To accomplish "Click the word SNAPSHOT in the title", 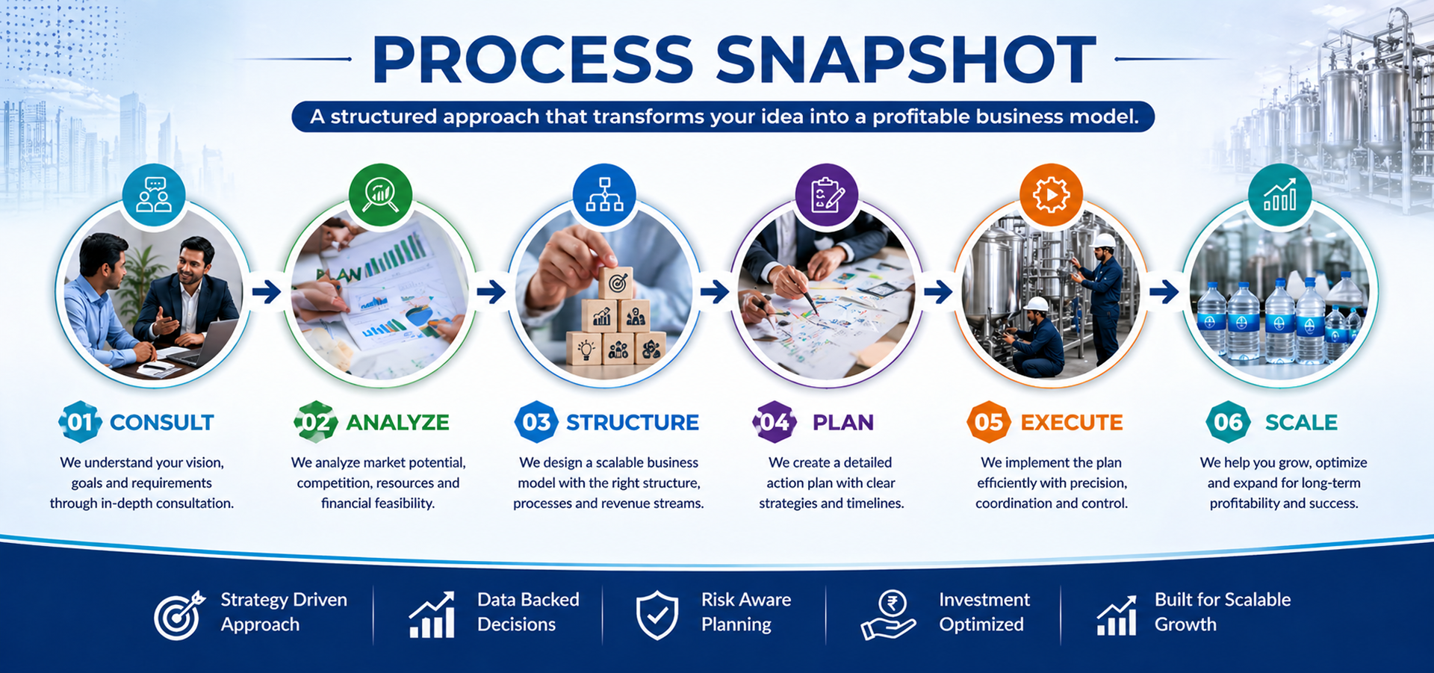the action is coord(905,59).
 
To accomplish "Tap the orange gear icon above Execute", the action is coord(1051,195).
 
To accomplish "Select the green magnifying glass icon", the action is coord(380,195).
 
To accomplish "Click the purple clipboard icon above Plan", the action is coord(827,195).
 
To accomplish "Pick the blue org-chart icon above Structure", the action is coord(604,195).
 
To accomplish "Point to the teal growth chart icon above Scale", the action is coord(1279,195).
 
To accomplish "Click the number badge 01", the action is coord(80,422).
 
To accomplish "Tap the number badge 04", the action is coord(774,422).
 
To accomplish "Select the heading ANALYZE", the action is coord(397,423).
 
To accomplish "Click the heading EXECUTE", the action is coord(1072,423).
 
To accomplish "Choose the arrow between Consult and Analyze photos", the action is coord(266,291).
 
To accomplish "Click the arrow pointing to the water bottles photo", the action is coord(1164,291).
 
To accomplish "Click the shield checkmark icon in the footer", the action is coord(657,615).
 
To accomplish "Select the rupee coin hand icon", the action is coord(888,615).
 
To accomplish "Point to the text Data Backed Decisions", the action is coord(528,612).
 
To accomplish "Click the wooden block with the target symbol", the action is coord(616,283).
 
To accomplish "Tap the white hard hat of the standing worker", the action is coord(1102,241).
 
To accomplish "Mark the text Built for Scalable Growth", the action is coord(1223,612).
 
